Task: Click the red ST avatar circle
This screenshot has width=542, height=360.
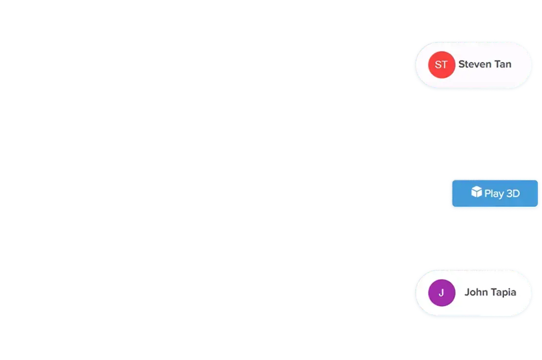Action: coord(442,64)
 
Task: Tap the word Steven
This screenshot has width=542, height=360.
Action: coord(475,64)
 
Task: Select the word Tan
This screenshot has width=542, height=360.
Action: coord(503,64)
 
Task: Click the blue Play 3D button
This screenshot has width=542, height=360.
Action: coord(495,194)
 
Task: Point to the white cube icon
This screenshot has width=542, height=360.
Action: coord(477,192)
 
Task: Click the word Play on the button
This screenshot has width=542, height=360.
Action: coord(494,194)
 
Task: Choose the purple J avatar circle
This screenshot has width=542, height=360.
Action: coord(442,293)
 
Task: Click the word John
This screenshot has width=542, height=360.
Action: coord(476,292)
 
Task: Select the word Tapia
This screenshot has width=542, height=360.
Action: coord(503,293)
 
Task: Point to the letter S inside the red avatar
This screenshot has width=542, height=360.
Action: coord(438,64)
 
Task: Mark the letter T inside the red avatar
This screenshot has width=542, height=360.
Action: coord(445,64)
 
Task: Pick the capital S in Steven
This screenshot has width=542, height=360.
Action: coord(462,64)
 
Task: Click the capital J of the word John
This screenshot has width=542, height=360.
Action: coord(467,292)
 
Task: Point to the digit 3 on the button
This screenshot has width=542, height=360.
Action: coord(510,194)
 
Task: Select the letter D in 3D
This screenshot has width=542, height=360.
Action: coord(516,194)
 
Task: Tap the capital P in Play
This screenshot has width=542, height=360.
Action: coord(487,194)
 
